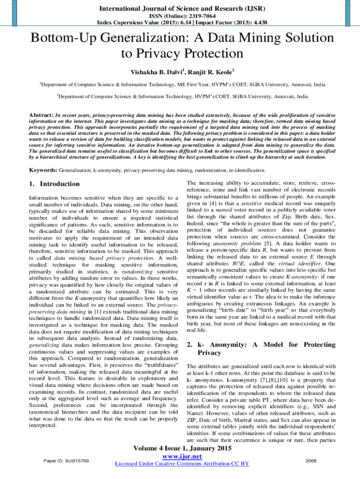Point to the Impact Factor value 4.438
click(x=256, y=22)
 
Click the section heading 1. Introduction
click(x=54, y=184)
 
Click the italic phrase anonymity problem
click(x=232, y=243)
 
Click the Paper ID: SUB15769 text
click(x=66, y=461)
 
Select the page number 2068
click(x=311, y=461)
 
